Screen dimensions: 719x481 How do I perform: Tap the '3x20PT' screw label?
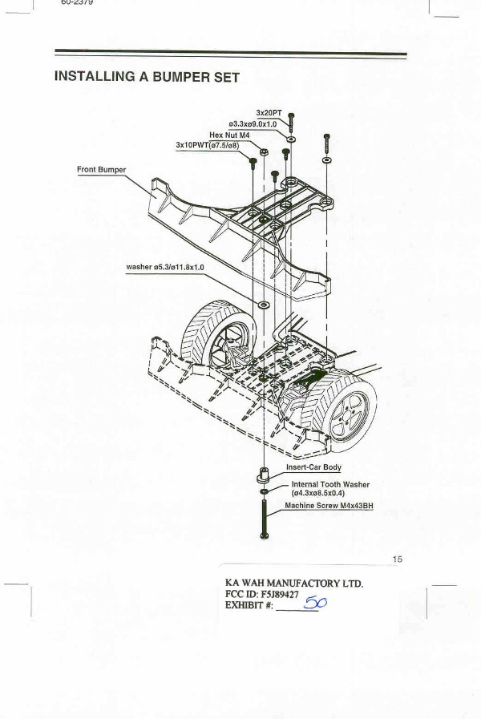coord(269,113)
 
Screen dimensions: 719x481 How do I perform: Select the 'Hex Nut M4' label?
coord(230,135)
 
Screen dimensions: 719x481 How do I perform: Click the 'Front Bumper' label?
coord(101,170)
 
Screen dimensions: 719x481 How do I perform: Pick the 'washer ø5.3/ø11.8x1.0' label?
coord(165,267)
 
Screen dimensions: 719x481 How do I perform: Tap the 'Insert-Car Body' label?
coord(313,467)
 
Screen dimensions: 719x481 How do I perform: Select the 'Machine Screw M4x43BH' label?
coord(329,507)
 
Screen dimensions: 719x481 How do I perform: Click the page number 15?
coord(398,559)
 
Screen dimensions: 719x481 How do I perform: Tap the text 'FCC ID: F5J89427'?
coord(267,594)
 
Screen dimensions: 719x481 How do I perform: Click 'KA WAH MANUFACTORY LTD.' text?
coord(294,583)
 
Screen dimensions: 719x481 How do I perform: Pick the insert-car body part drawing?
coord(264,475)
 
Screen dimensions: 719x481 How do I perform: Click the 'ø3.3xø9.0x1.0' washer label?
coord(253,124)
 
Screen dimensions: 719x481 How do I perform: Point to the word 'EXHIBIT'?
coord(247,605)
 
